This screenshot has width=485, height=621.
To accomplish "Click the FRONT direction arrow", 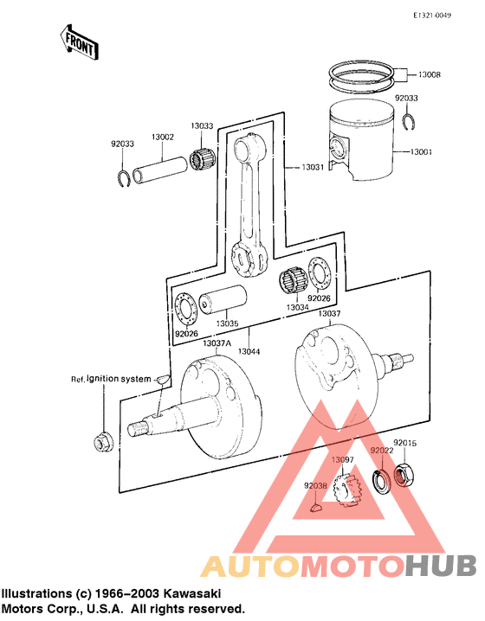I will click(77, 42).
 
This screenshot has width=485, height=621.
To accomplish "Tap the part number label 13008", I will click(430, 75).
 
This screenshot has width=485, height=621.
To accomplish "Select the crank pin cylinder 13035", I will click(223, 304).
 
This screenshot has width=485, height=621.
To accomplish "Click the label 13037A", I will click(216, 343).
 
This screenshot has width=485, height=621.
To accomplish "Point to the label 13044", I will click(249, 351).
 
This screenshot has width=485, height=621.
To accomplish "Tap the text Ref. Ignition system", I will click(111, 379).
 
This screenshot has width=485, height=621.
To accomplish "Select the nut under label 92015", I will click(404, 473).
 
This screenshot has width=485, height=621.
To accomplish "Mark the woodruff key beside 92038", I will click(316, 508).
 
